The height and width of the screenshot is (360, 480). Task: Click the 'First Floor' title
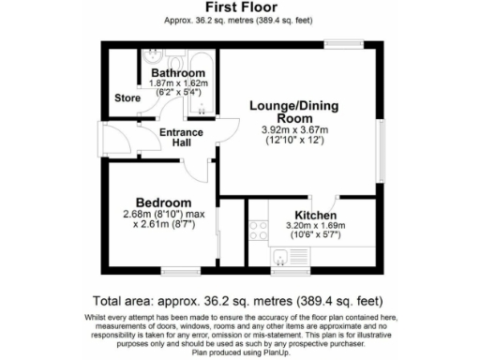[239, 7]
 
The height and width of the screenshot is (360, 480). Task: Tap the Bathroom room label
[178, 73]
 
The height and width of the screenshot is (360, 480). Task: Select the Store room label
[127, 97]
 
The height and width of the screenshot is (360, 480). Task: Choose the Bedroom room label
[163, 202]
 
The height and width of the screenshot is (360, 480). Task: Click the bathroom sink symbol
[154, 56]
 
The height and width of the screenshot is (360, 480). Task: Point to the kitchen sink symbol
[280, 259]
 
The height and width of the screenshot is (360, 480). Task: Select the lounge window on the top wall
[343, 41]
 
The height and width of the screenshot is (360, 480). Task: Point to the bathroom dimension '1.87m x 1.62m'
[178, 83]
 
